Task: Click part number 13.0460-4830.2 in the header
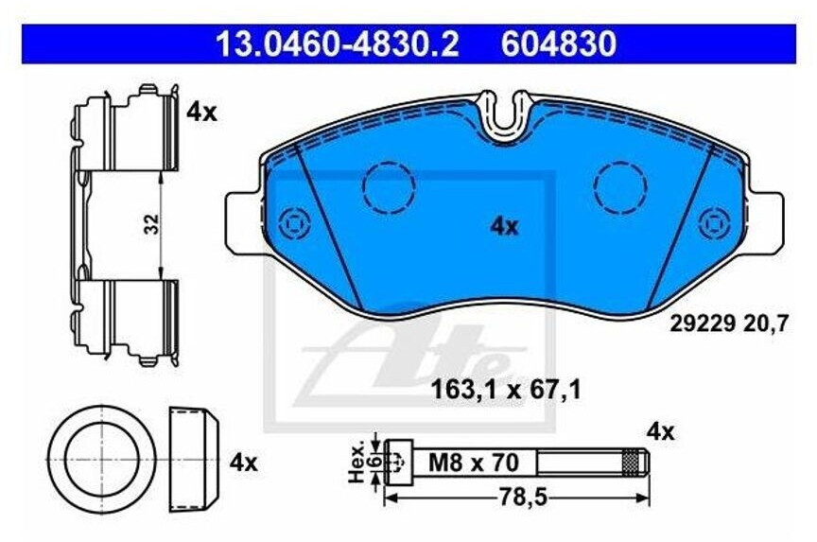pyautogui.click(x=338, y=44)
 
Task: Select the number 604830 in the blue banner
pyautogui.click(x=559, y=44)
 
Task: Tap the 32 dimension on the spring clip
pyautogui.click(x=151, y=224)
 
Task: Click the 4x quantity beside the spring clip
pyautogui.click(x=201, y=112)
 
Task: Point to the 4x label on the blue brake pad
pyautogui.click(x=504, y=227)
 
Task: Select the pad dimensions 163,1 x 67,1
pyautogui.click(x=506, y=390)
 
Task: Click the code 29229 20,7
pyautogui.click(x=729, y=324)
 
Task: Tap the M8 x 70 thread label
pyautogui.click(x=473, y=462)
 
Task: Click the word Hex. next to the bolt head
pyautogui.click(x=357, y=464)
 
